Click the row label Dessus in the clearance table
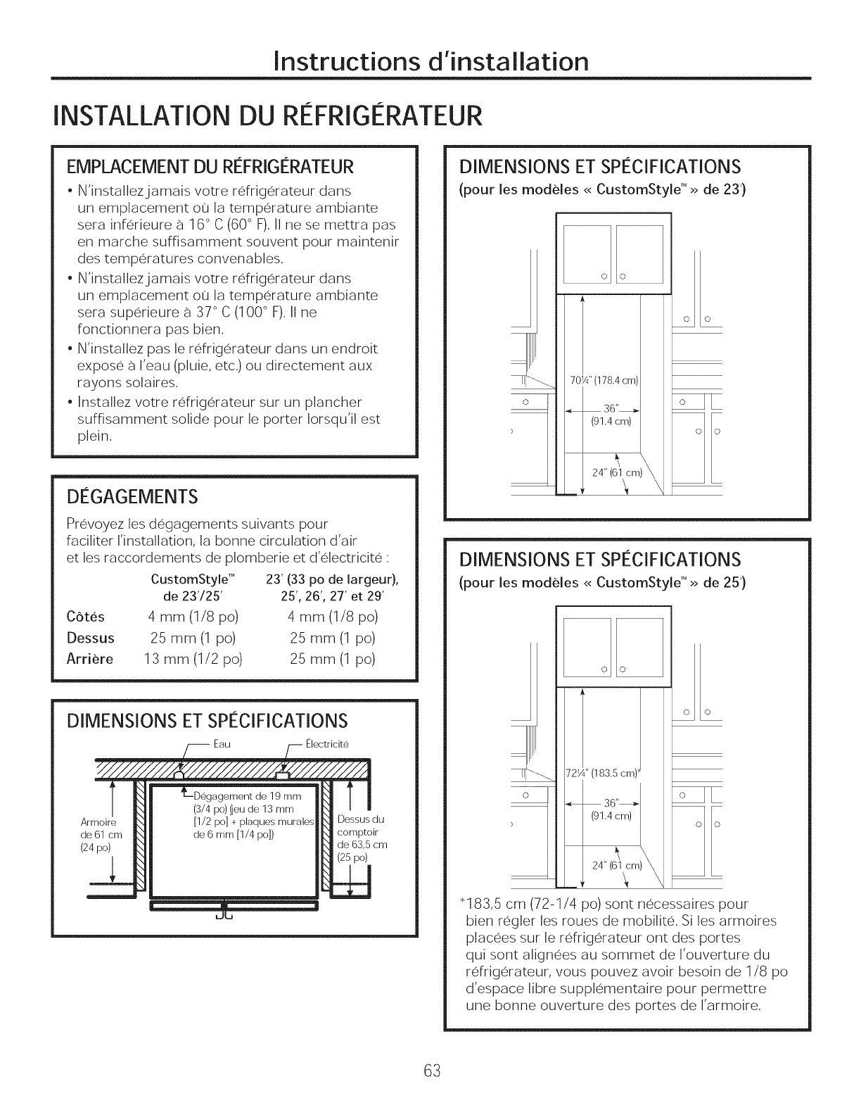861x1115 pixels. [x=91, y=638]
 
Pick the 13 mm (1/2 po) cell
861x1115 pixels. [x=193, y=660]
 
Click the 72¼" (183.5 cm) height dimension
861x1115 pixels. [x=605, y=771]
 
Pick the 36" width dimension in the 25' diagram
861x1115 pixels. [x=611, y=802]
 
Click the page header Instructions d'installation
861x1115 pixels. [x=431, y=61]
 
